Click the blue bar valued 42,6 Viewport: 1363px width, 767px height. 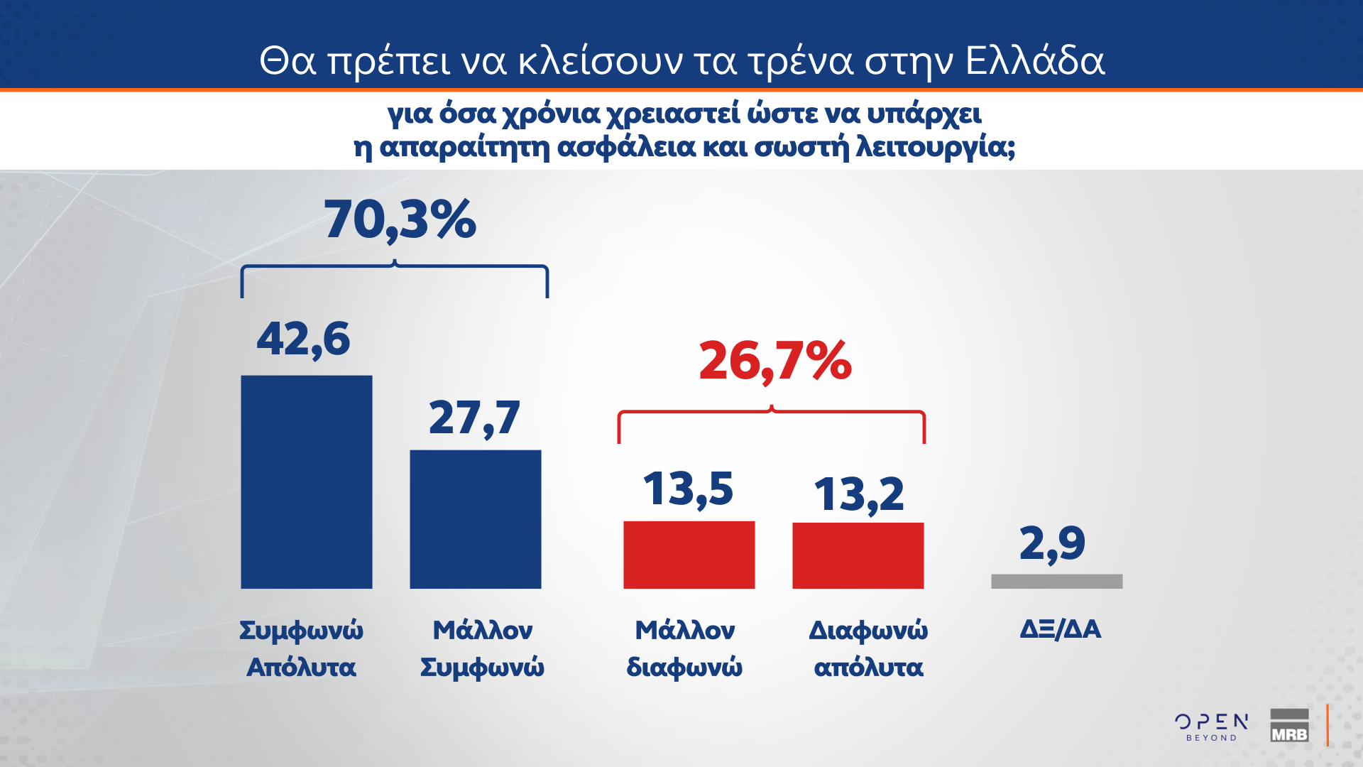point(306,482)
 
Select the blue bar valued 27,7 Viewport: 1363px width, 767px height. point(475,519)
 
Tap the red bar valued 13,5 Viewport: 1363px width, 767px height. point(689,555)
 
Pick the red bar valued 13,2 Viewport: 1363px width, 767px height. point(858,555)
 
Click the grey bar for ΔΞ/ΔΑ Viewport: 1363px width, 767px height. point(1056,582)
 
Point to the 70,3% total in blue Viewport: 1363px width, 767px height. point(400,219)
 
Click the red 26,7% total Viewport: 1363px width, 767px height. point(775,361)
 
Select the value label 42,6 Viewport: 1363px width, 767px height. point(303,339)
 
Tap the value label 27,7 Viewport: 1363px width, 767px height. point(474,418)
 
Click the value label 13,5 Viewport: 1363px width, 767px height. point(688,489)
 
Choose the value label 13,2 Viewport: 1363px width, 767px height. point(858,494)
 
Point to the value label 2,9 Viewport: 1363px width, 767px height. point(1052,544)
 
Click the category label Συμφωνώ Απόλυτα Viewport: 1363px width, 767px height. point(301,648)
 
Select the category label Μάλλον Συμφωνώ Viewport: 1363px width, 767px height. point(482,648)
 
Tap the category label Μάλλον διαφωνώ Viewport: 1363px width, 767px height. point(684,648)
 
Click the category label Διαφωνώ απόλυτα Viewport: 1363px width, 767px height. point(868,648)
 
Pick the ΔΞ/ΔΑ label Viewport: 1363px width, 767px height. point(1061,629)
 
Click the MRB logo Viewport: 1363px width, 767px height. point(1289,726)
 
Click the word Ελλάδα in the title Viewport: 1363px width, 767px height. point(1035,61)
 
